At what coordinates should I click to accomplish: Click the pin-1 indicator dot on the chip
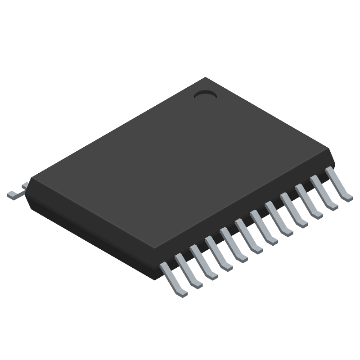pyautogui.click(x=205, y=95)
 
